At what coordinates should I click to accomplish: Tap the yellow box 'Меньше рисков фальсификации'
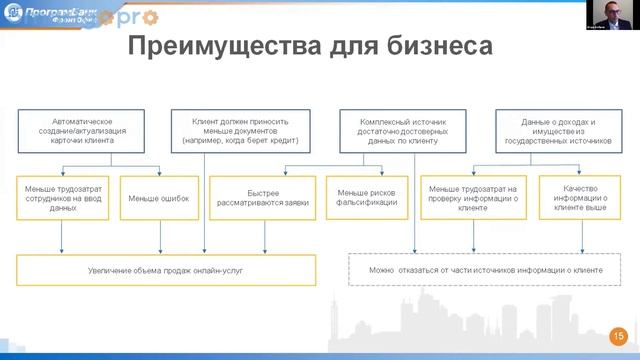coord(367,198)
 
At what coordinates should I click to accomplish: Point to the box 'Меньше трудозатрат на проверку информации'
coord(472,198)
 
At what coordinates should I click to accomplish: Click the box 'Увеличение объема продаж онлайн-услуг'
coord(165,270)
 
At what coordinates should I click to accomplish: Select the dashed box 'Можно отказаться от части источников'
coord(485,270)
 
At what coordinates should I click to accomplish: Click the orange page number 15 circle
coord(618,336)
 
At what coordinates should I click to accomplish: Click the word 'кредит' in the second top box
coord(282,141)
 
